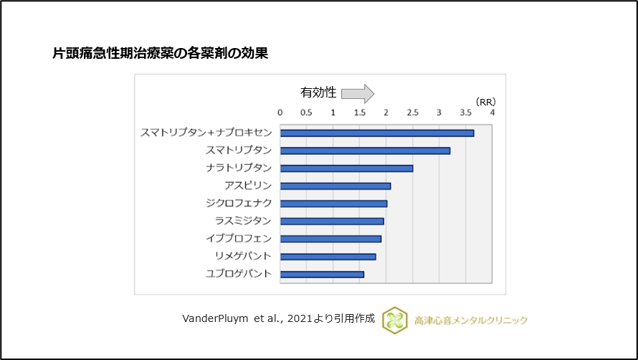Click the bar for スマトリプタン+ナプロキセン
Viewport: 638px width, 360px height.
(x=377, y=133)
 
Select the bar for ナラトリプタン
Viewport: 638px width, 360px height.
(x=346, y=168)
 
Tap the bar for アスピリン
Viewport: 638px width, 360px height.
(x=335, y=186)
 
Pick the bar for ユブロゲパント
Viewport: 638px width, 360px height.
(x=322, y=274)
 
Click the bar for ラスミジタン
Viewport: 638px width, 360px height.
(x=332, y=221)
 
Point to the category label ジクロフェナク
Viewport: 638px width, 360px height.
(x=239, y=204)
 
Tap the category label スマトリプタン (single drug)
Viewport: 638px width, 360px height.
(x=239, y=151)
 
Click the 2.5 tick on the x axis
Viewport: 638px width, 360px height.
(x=413, y=113)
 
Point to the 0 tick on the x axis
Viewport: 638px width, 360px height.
(x=280, y=113)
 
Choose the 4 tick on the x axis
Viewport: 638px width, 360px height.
(x=492, y=113)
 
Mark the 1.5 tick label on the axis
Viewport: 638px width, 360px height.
(x=360, y=113)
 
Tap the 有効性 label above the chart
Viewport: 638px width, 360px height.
(x=318, y=93)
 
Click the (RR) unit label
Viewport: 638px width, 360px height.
(x=485, y=102)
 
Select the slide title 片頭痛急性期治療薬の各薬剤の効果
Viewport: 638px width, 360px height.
(x=161, y=53)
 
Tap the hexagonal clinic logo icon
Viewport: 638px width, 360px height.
(x=395, y=320)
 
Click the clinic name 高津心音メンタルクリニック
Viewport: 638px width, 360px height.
(x=470, y=321)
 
